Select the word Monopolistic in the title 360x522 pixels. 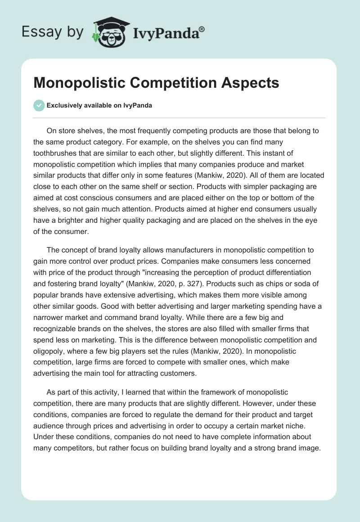(x=80, y=83)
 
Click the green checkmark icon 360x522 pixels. (x=39, y=105)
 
